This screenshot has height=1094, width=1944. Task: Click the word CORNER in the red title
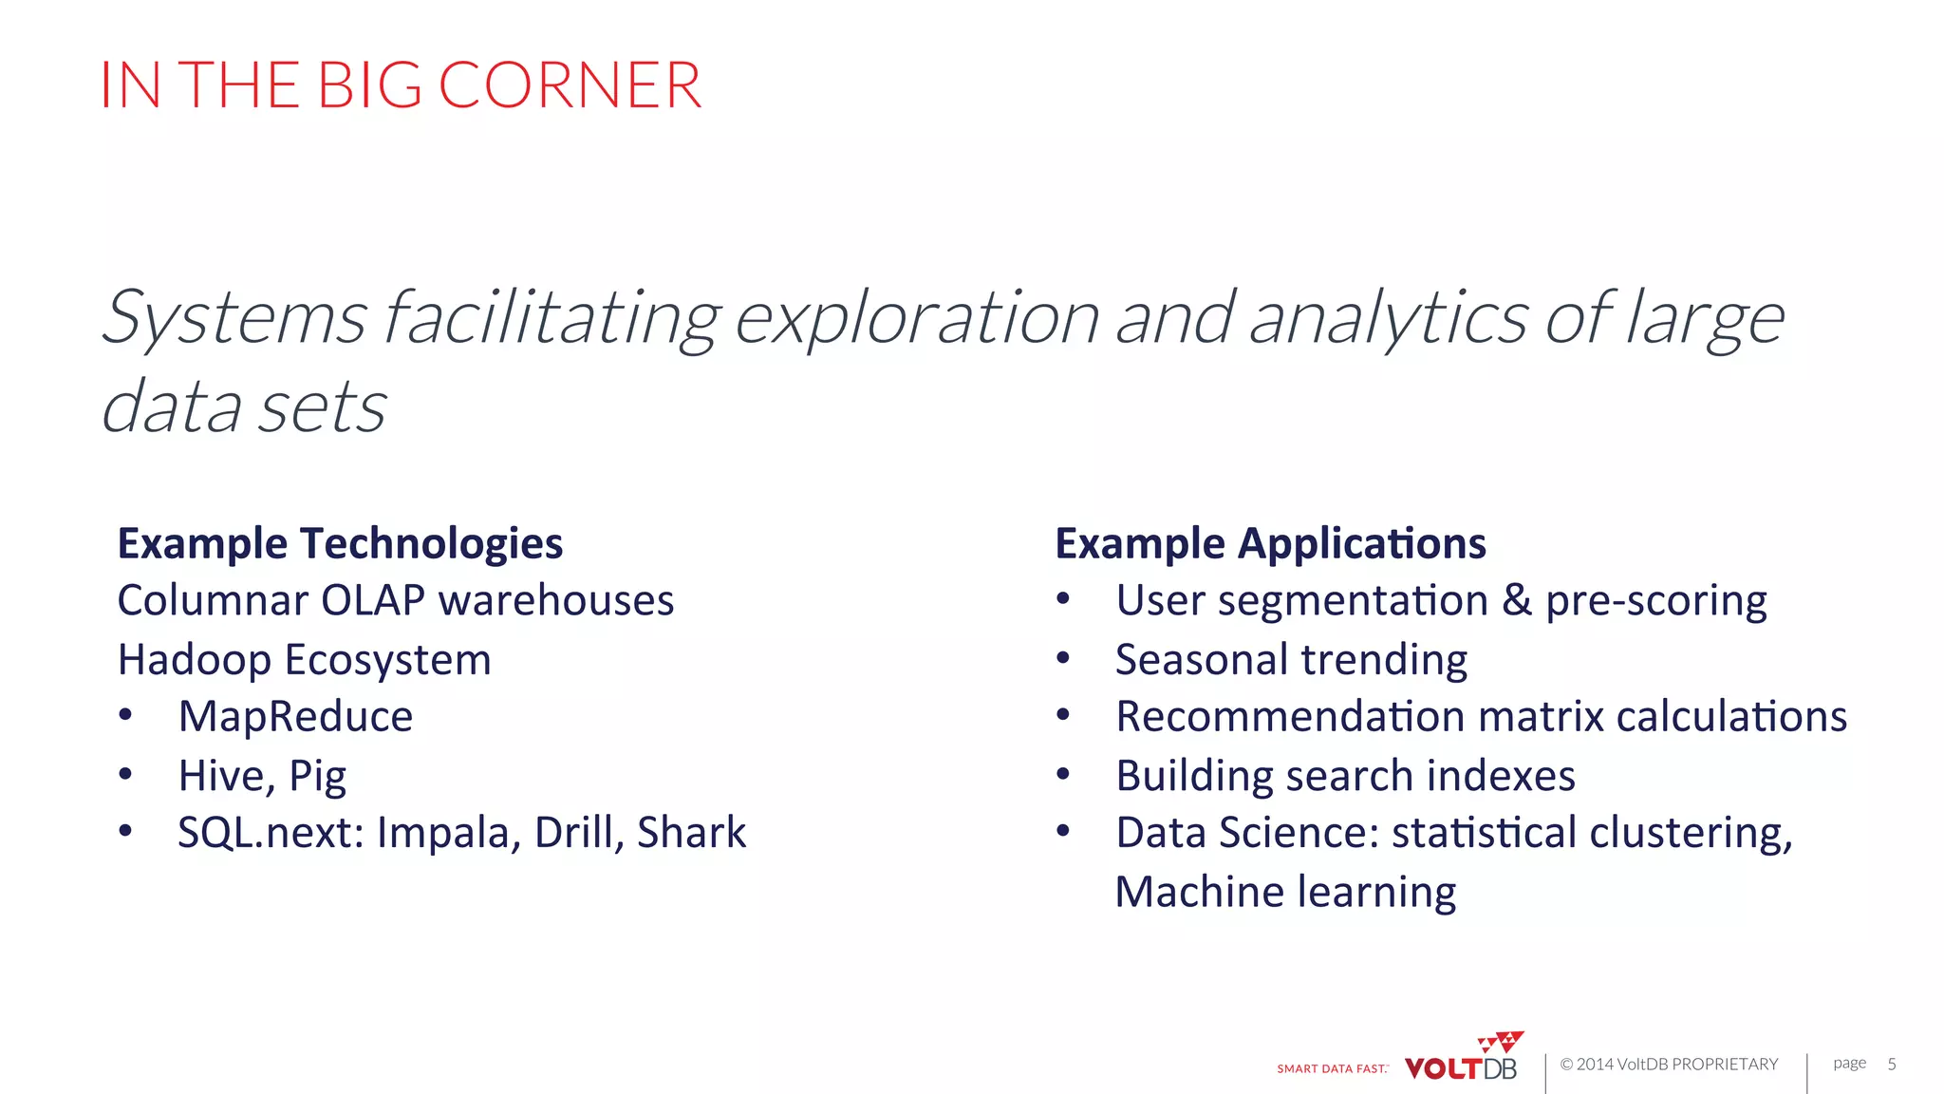tap(570, 85)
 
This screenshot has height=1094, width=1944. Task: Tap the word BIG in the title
tap(369, 85)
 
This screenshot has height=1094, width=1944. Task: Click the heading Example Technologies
tap(340, 543)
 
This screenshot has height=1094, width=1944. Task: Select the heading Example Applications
tap(1270, 543)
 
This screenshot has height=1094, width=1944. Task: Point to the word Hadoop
tap(195, 659)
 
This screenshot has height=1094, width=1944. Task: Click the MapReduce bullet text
tap(295, 716)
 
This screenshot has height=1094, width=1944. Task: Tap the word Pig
tap(317, 777)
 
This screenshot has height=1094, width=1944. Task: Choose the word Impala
tap(448, 833)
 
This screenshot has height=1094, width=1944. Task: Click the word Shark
tap(691, 833)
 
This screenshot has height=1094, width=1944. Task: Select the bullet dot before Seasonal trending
tap(1063, 657)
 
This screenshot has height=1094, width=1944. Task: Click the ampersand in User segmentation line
tap(1516, 600)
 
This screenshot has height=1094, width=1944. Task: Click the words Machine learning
tap(1285, 892)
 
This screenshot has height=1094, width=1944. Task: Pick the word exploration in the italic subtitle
tap(917, 319)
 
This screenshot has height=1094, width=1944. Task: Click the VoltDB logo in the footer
tap(1462, 1061)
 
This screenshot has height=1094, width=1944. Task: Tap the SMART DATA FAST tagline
tap(1332, 1069)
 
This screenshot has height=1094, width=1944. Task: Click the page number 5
tap(1891, 1064)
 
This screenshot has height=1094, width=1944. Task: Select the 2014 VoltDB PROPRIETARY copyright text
tap(1669, 1065)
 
